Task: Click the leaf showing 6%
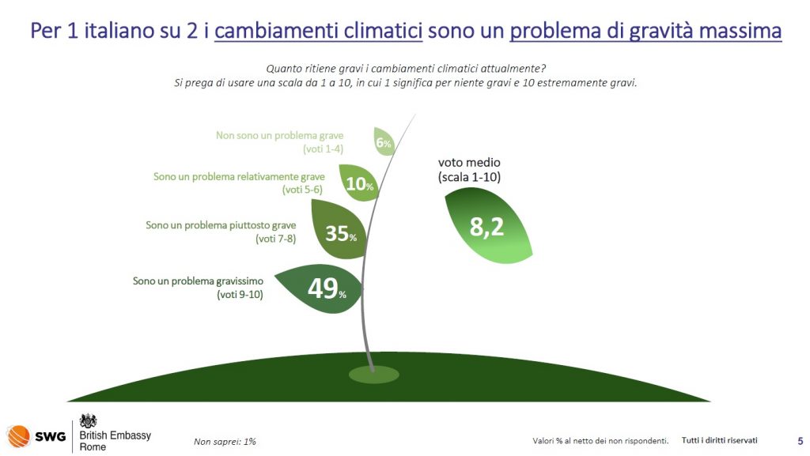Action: (x=384, y=141)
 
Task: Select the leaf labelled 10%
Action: (x=358, y=183)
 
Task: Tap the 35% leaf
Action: (x=339, y=229)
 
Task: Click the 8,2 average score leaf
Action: (x=487, y=225)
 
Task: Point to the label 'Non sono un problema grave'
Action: (x=279, y=136)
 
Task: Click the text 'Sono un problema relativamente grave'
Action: (x=239, y=177)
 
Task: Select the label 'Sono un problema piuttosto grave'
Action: (x=221, y=225)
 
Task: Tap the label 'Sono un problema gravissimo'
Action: (x=198, y=281)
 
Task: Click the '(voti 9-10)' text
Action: (x=240, y=295)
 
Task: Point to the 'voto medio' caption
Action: (x=469, y=163)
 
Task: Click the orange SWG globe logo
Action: (x=19, y=436)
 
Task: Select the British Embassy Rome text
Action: (x=115, y=441)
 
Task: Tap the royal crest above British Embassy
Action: (x=89, y=420)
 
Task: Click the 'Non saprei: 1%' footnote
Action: (x=225, y=442)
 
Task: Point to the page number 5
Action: (x=801, y=441)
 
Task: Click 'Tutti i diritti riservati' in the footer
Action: (x=720, y=440)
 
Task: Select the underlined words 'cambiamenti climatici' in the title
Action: (x=318, y=31)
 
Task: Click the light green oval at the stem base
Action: (x=373, y=375)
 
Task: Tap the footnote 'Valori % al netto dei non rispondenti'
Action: (x=600, y=440)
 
